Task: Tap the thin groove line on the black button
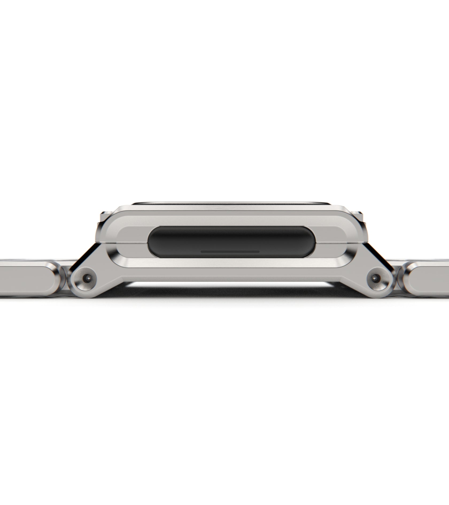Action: click(230, 251)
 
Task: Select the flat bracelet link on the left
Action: click(27, 279)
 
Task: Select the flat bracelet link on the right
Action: click(428, 279)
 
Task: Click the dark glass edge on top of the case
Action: click(230, 203)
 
